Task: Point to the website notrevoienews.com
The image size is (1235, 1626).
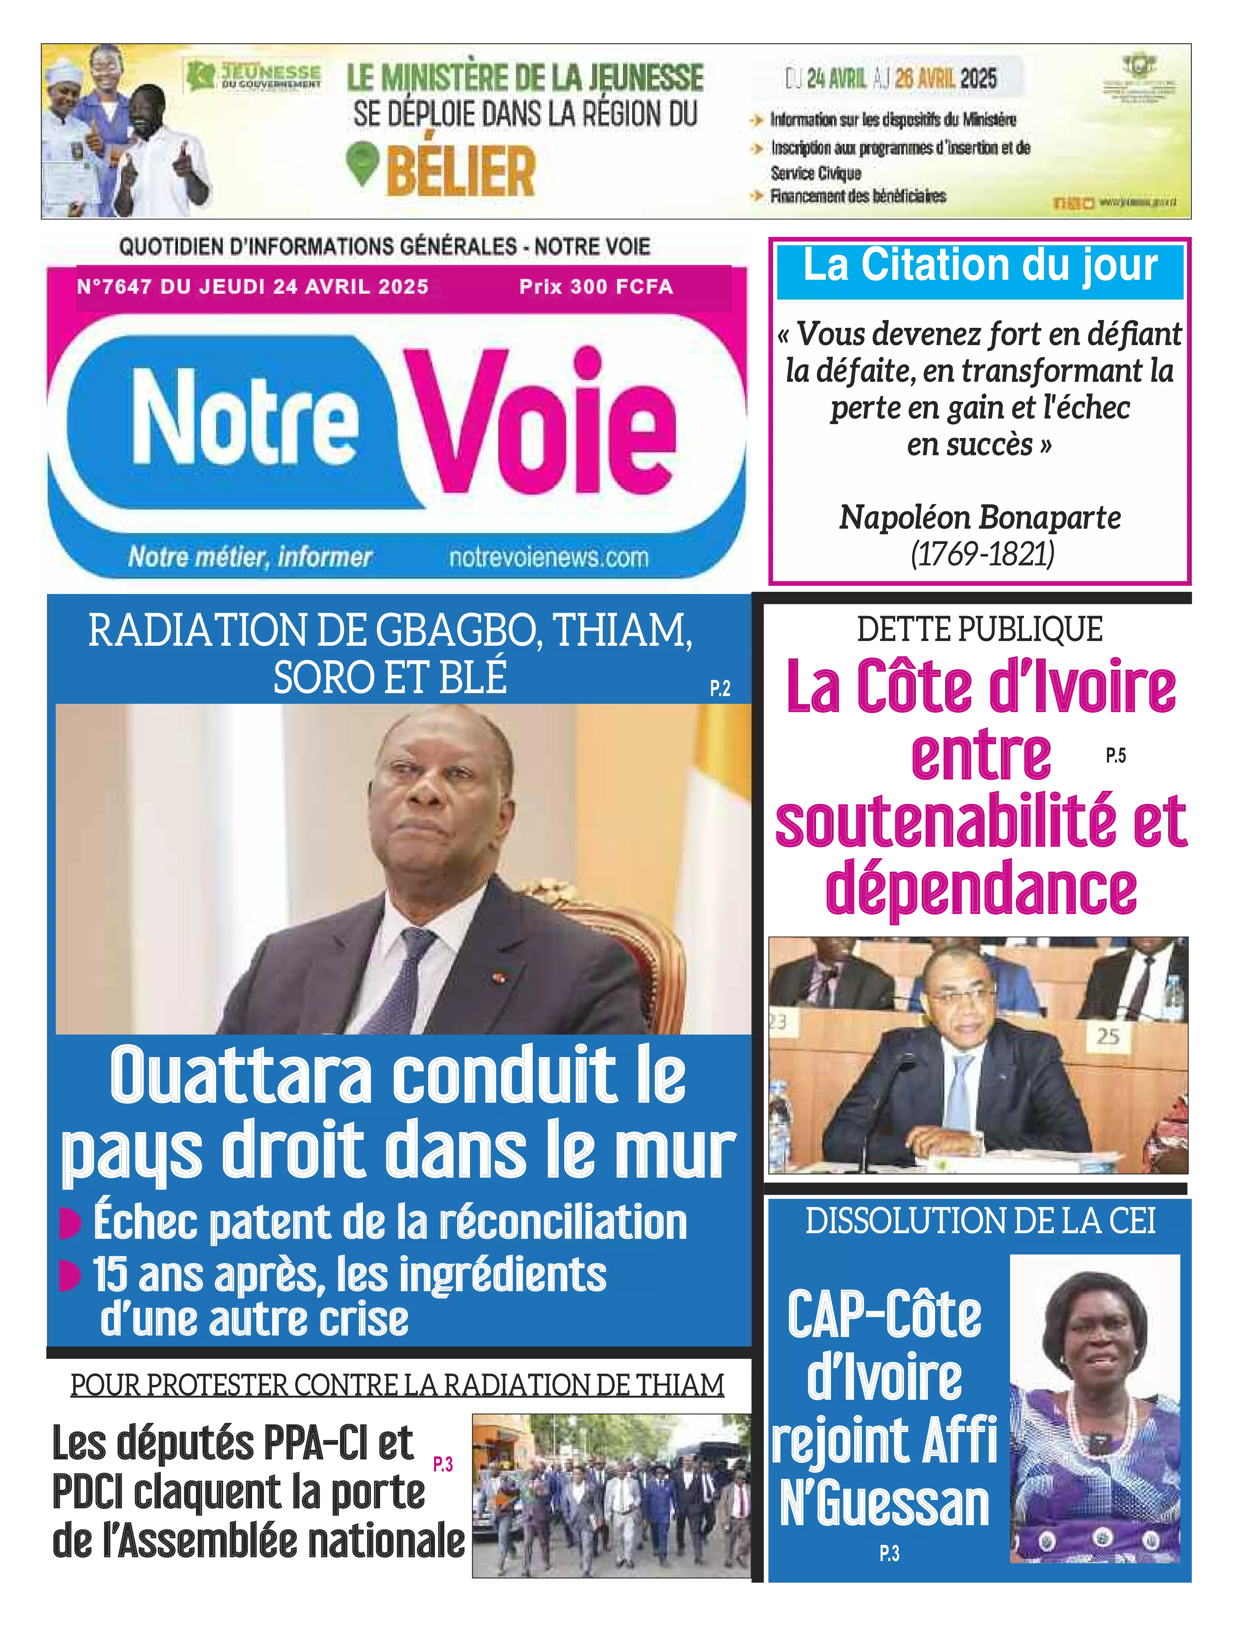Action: coord(549,557)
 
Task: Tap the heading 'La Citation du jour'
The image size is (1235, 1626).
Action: coord(980,266)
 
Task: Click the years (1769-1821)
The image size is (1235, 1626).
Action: coord(982,554)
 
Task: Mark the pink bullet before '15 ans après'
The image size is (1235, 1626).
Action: coord(70,1276)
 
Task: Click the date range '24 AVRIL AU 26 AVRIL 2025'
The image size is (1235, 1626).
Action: coord(891,79)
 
